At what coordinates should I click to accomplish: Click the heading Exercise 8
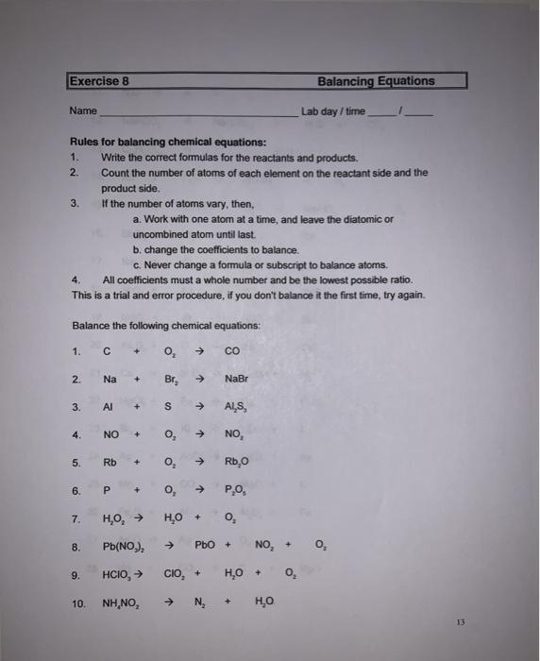click(98, 81)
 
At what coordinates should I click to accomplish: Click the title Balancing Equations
click(376, 81)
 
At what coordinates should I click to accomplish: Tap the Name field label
click(83, 111)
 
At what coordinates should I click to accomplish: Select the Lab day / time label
click(333, 111)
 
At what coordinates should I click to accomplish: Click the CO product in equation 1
click(233, 353)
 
